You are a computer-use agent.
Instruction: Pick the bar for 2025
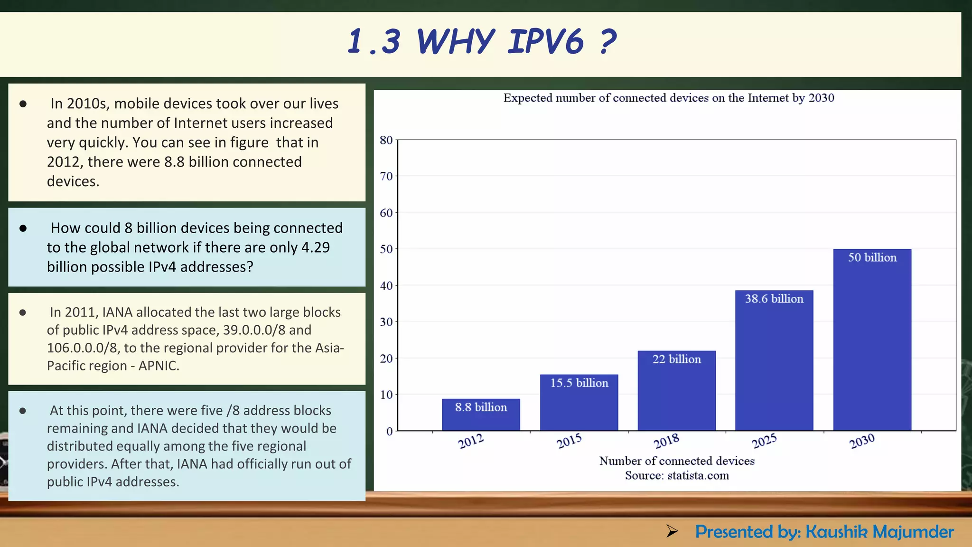pos(774,360)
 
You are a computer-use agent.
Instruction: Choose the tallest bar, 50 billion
pos(872,340)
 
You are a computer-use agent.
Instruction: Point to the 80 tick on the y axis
pos(386,140)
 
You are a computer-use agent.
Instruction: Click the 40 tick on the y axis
pos(386,286)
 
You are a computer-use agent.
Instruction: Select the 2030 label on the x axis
pos(862,441)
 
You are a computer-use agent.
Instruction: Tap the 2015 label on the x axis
pos(569,441)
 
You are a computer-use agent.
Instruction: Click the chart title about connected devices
pos(668,98)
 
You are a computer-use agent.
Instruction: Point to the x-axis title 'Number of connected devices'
pos(676,461)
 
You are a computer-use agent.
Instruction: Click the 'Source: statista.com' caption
pos(676,475)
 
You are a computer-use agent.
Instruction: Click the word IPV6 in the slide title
pos(545,41)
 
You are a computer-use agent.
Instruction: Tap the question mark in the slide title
pos(608,41)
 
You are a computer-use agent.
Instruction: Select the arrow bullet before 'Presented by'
pos(672,531)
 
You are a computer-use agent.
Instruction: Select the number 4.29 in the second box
pos(316,247)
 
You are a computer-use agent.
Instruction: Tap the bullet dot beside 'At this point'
pos(23,411)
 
